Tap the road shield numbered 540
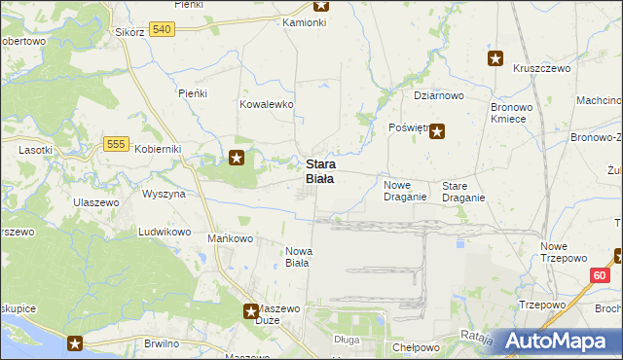tap(163, 31)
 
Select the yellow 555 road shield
tap(116, 144)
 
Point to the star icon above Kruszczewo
tap(495, 58)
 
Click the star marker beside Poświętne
tap(437, 132)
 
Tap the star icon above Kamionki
tap(321, 5)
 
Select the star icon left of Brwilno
tap(75, 342)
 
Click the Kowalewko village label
tap(267, 104)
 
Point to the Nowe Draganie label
tap(405, 191)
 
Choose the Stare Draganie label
tap(463, 191)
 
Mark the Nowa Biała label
tap(298, 256)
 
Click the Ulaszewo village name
tap(95, 201)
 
